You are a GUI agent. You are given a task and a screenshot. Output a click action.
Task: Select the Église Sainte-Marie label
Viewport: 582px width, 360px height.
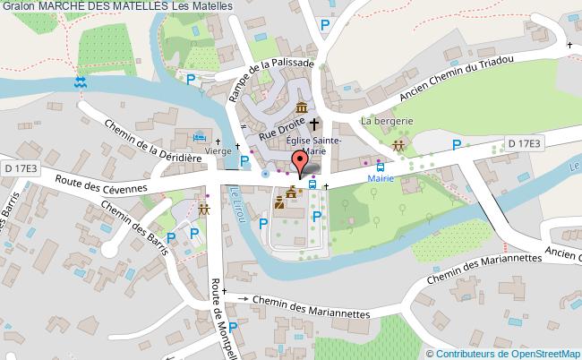pos(312,145)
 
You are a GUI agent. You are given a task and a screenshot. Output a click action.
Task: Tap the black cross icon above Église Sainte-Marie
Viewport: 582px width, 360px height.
pos(314,125)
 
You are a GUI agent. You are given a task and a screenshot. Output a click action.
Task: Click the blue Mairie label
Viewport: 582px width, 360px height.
pos(382,178)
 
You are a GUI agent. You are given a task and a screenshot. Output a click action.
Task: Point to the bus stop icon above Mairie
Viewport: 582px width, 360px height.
pos(382,166)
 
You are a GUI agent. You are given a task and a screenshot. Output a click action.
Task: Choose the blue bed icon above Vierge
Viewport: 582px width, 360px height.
pos(200,138)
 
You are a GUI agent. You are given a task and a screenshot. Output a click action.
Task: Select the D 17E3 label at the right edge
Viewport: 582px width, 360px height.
pos(525,142)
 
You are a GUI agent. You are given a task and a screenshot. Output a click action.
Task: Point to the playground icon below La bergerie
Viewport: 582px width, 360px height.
pos(398,145)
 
